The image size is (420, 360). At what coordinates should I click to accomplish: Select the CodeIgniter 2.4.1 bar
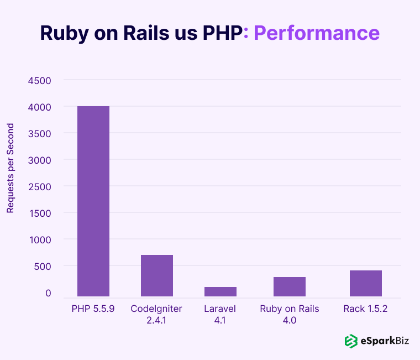click(x=157, y=275)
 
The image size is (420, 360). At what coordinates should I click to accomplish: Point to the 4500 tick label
click(x=39, y=81)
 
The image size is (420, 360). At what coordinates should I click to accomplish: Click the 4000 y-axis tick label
click(x=39, y=107)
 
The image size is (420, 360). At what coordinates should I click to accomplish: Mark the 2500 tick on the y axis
click(x=39, y=187)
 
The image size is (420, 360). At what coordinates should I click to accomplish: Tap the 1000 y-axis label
click(x=39, y=240)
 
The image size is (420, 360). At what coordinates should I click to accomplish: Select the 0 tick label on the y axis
click(x=48, y=293)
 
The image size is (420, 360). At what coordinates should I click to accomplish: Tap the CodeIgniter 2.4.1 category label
click(x=156, y=314)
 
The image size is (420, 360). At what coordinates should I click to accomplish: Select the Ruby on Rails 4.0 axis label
click(x=290, y=314)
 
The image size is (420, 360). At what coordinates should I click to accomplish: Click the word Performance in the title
click(x=316, y=33)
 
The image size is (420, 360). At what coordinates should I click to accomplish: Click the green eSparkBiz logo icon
click(x=351, y=341)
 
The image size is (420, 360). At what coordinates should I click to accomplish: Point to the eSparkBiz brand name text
click(x=385, y=341)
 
